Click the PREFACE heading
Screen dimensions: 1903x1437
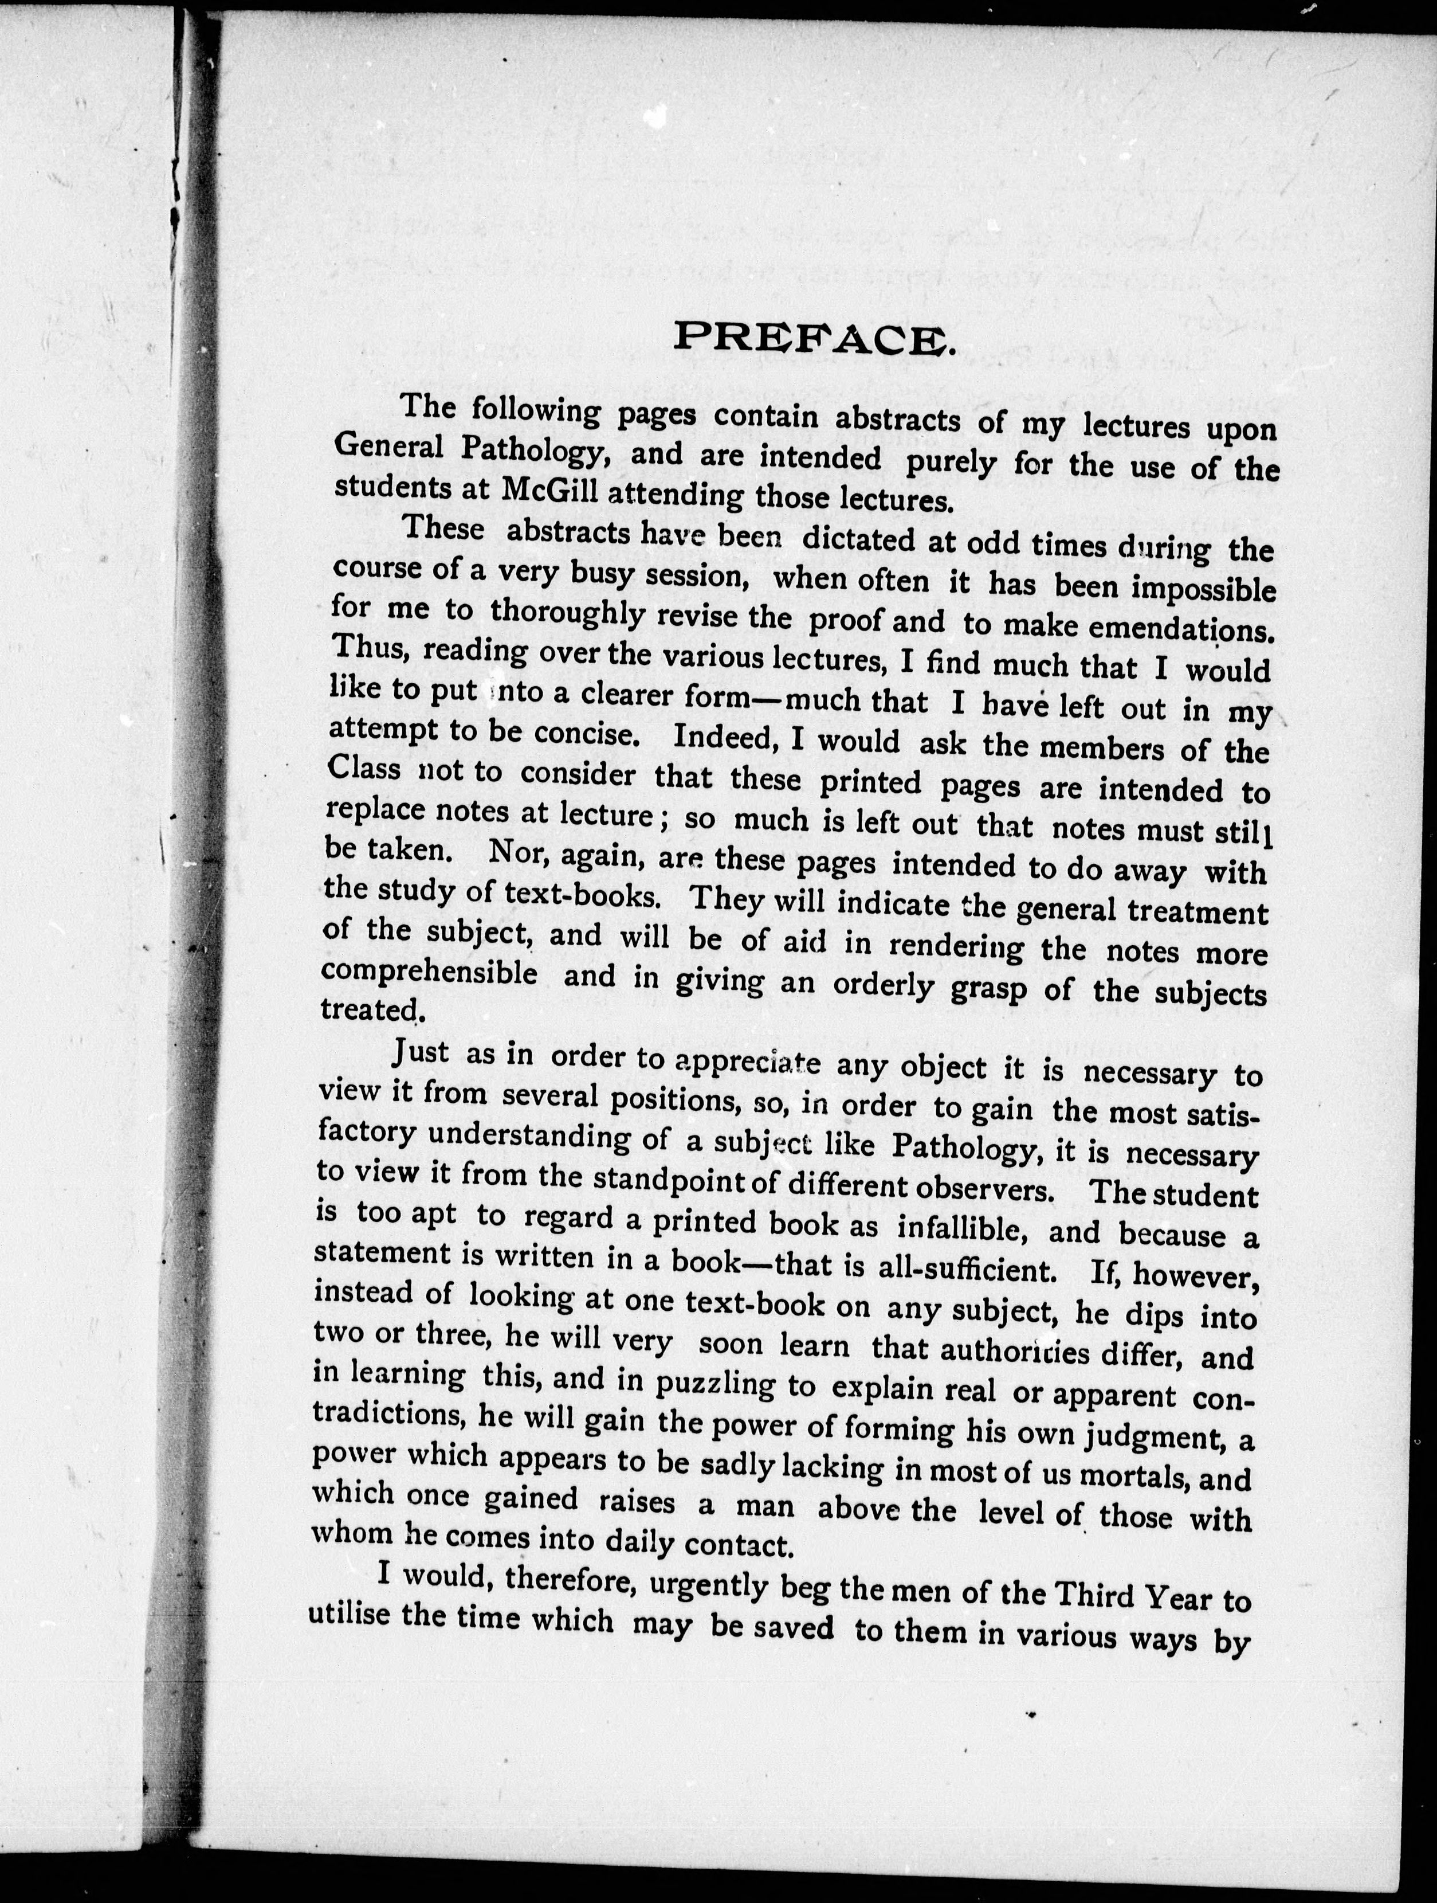tap(812, 337)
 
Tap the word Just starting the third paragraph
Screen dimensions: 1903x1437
tap(421, 1051)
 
